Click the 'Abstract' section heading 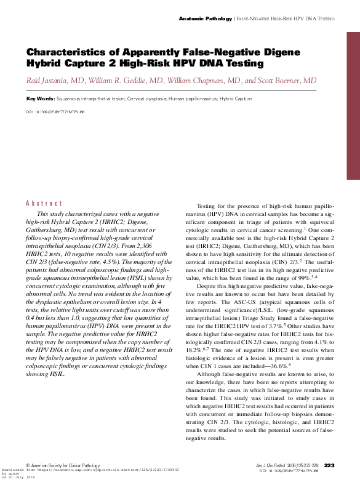[x=44, y=203]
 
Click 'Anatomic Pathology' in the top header [x=206, y=19]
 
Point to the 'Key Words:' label [x=40, y=98]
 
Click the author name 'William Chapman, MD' [x=204, y=81]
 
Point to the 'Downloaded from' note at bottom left [x=23, y=470]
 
